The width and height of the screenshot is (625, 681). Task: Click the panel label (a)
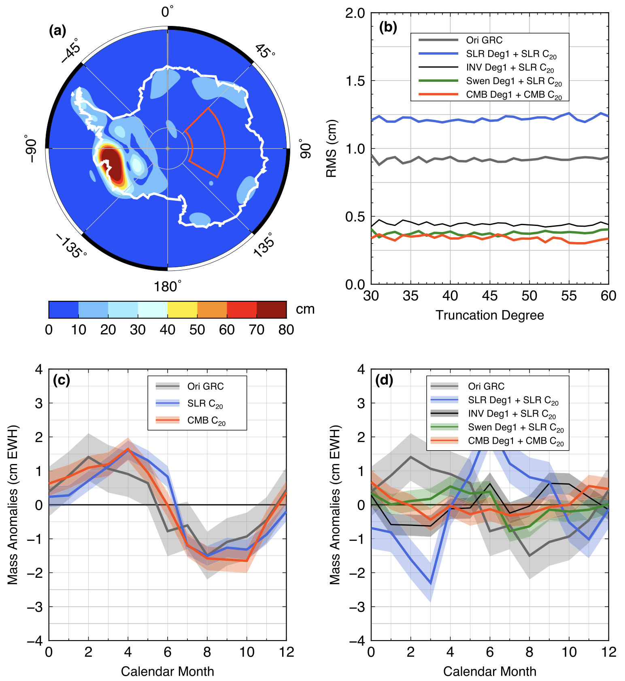(57, 31)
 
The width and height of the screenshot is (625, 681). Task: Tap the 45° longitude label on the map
(265, 51)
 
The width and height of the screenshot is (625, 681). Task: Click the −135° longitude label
(71, 246)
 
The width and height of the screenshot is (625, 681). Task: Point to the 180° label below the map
(167, 287)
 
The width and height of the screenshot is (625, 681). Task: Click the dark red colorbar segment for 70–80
(272, 310)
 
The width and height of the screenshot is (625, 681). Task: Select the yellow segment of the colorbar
(182, 310)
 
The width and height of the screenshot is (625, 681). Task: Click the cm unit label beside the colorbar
(305, 309)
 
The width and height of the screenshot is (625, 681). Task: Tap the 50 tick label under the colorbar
(197, 330)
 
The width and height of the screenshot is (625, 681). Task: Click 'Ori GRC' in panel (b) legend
(484, 40)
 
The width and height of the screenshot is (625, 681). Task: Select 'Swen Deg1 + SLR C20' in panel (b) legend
(514, 81)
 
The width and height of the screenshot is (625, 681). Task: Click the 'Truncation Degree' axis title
(489, 315)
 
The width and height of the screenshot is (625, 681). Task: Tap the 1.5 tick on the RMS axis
(355, 81)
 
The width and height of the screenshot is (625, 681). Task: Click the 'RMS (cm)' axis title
(331, 149)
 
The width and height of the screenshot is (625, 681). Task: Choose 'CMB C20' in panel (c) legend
(206, 421)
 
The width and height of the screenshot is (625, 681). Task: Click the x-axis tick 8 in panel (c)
(207, 652)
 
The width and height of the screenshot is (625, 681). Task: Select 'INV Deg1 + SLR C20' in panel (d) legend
(512, 414)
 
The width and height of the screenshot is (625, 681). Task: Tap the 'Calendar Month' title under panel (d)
(489, 671)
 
